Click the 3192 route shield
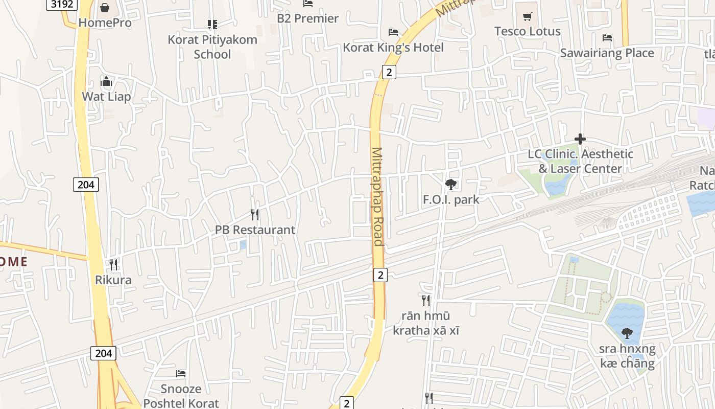pos(62,5)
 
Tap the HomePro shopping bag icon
pos(105,8)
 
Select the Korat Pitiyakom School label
pos(212,47)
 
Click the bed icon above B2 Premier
pos(308,4)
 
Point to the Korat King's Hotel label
pos(393,48)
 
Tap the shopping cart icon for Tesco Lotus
pos(528,16)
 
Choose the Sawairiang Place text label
pos(607,53)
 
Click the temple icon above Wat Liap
pos(106,81)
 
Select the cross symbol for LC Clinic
pos(580,139)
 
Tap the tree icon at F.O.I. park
pos(450,185)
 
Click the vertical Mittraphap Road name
pos(377,196)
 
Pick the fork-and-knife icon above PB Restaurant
pos(255,215)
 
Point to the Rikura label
pos(113,280)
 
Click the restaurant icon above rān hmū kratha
pos(426,300)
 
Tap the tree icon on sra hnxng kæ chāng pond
pos(627,333)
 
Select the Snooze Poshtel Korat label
pos(181,396)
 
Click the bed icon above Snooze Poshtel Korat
pos(181,374)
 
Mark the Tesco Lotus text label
pos(528,31)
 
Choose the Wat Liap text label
pos(106,97)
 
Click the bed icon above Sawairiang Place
pos(607,38)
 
